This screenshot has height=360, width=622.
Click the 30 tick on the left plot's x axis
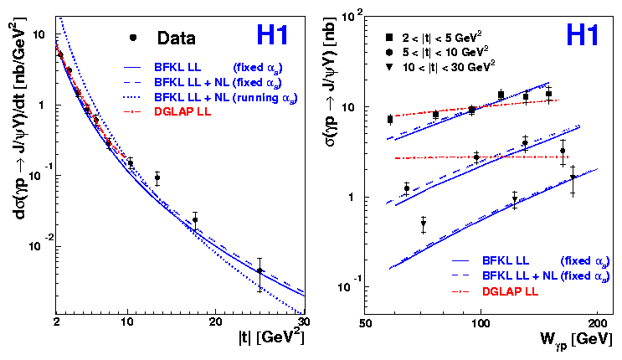click(x=304, y=321)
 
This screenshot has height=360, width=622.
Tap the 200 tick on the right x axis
click(x=596, y=322)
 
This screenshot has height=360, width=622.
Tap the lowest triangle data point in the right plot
click(x=423, y=224)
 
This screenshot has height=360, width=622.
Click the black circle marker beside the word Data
click(x=132, y=38)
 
